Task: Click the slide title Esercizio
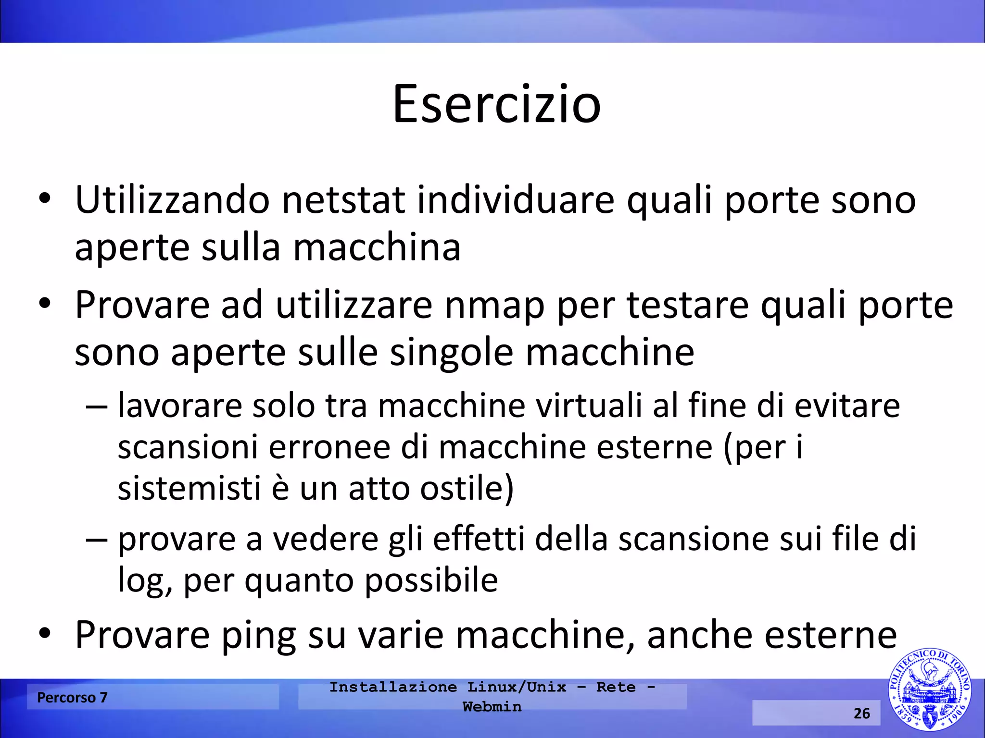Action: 496,104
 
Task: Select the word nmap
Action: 494,306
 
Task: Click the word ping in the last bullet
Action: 258,635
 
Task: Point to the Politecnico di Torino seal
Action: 929,689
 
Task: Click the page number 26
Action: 861,713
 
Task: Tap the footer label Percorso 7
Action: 72,697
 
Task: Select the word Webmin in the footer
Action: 492,707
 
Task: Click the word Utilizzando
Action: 172,200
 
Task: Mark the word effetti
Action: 479,539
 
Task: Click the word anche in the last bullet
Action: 700,635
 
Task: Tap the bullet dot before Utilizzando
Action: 44,199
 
